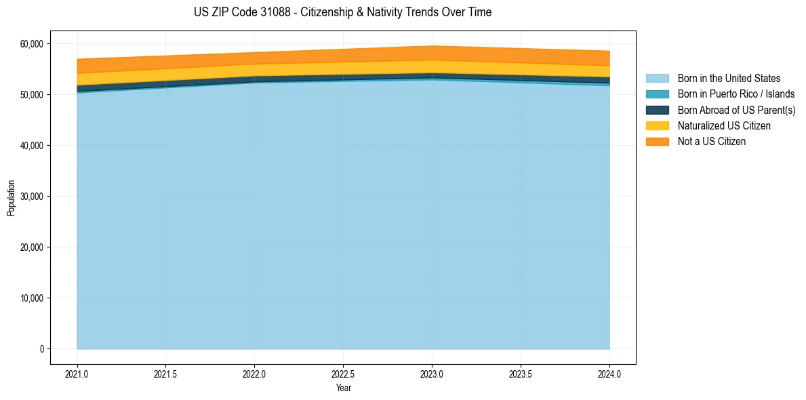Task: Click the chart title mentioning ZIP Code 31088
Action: [x=342, y=12]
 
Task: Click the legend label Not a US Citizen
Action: [x=711, y=141]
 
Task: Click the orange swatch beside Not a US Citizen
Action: [x=657, y=141]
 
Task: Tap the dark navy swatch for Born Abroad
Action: [x=657, y=110]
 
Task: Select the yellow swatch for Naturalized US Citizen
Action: [x=657, y=125]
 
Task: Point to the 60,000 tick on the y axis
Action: [x=31, y=44]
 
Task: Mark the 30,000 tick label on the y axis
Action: [x=31, y=197]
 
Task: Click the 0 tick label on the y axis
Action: [x=41, y=349]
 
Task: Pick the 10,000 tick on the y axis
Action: [x=31, y=298]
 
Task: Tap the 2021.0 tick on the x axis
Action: [x=77, y=374]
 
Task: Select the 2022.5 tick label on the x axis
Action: [x=343, y=374]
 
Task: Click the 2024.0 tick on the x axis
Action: [x=609, y=374]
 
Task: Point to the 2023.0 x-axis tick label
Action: [x=432, y=374]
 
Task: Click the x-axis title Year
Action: [x=343, y=388]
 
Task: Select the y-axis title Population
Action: [x=11, y=198]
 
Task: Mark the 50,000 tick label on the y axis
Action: [x=31, y=95]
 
